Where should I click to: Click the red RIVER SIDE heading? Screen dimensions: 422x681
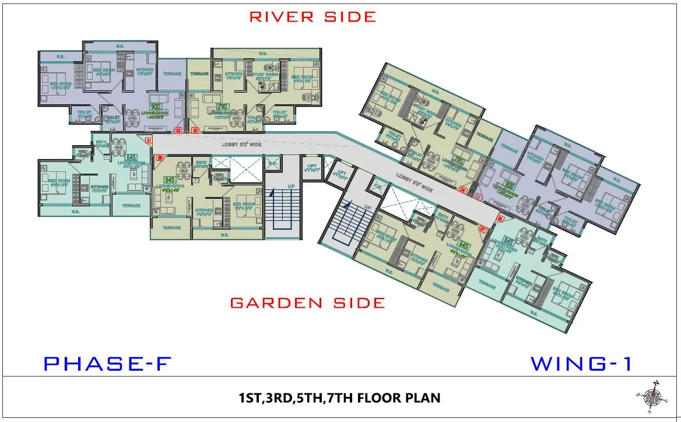[313, 16]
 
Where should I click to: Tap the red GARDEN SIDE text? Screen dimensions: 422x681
[307, 303]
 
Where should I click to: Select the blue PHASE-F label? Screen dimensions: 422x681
[107, 364]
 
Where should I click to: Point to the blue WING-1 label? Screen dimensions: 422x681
[581, 364]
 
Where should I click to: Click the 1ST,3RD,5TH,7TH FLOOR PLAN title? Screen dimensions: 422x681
[339, 399]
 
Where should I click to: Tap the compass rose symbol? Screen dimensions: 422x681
[654, 396]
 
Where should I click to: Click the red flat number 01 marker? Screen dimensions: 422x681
[149, 141]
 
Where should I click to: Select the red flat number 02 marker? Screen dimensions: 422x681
[178, 131]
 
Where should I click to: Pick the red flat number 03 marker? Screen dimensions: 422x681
[195, 131]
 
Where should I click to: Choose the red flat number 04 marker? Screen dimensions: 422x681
[464, 189]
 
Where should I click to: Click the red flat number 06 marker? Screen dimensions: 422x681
[500, 219]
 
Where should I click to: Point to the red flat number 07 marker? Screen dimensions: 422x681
[482, 229]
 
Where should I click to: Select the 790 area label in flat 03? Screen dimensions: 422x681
[222, 107]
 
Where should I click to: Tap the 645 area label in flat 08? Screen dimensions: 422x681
[170, 180]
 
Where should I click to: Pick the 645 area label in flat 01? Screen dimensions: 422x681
[131, 157]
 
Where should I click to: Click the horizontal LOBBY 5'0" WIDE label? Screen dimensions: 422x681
[241, 143]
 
